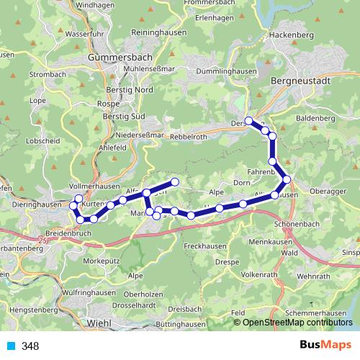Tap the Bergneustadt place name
pos(300,81)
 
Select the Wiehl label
pos(98,324)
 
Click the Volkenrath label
pos(264,274)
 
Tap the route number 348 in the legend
pos(31,346)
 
